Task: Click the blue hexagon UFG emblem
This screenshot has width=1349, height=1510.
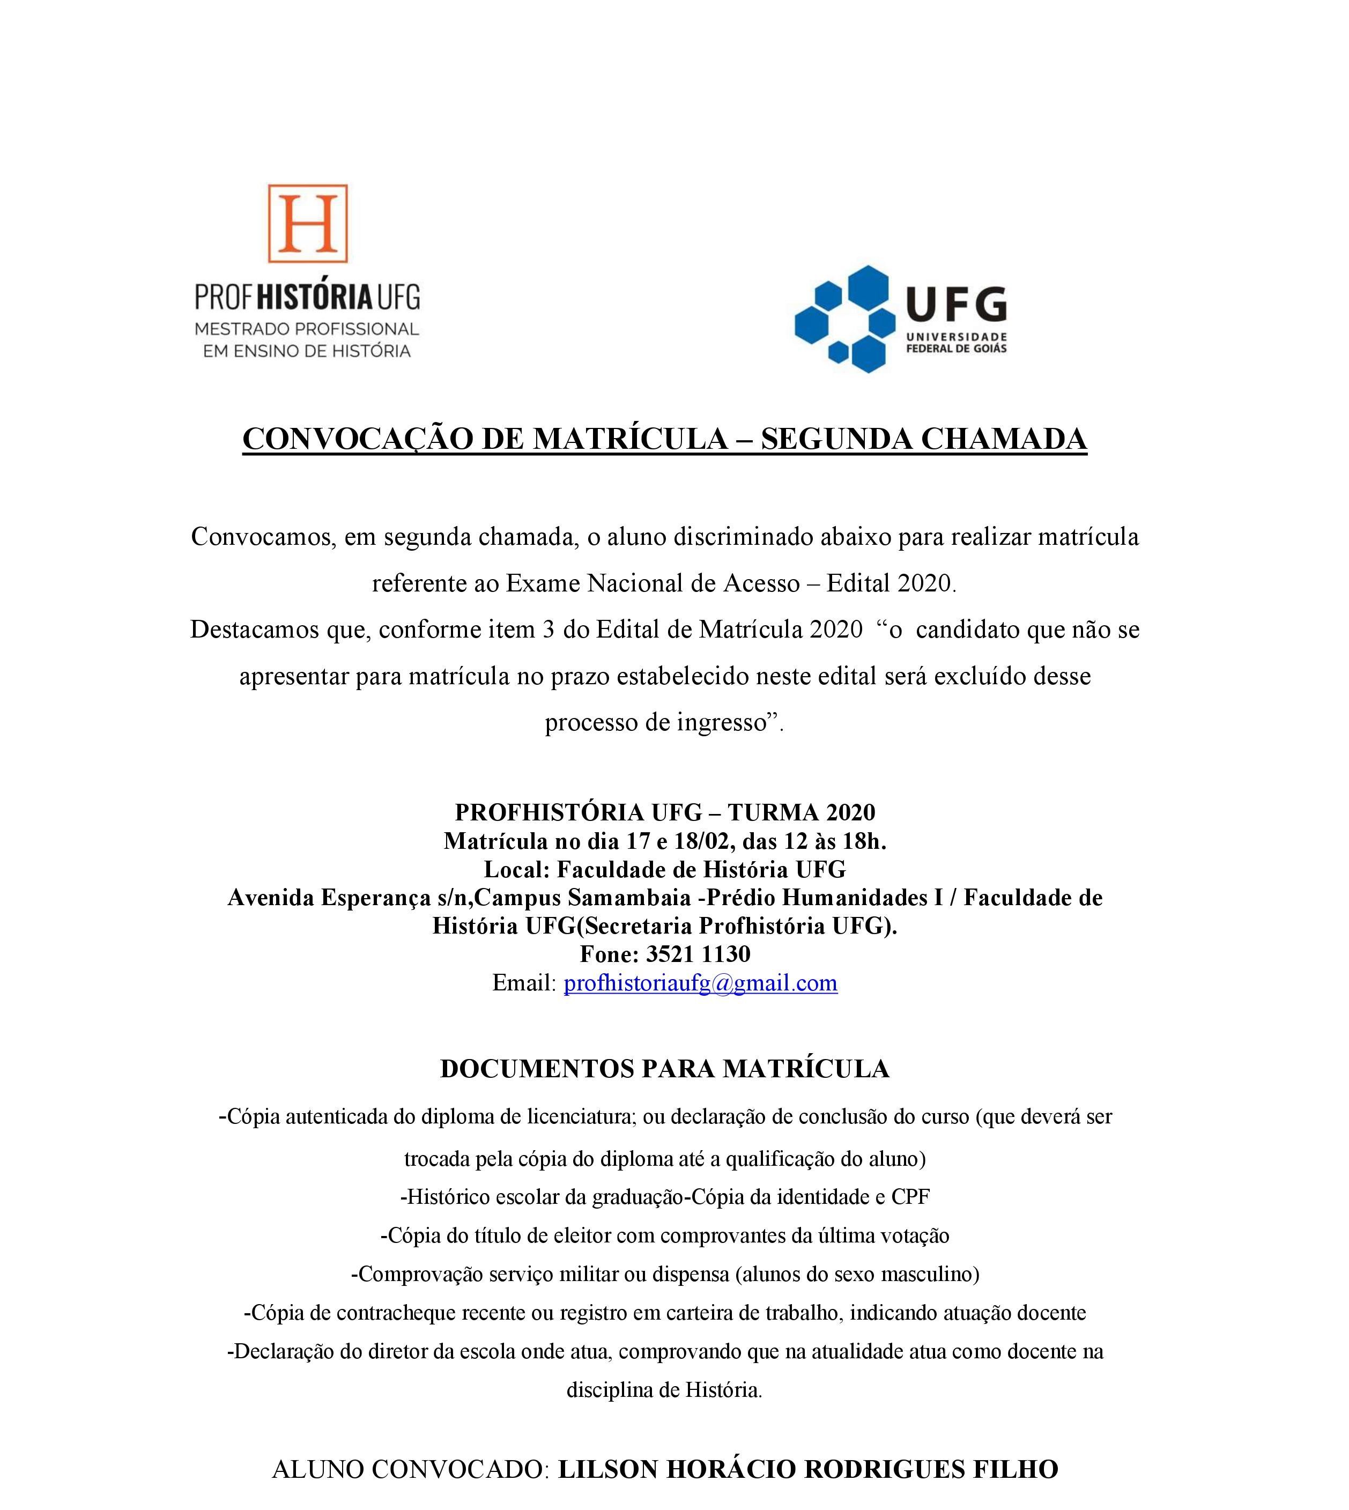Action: point(844,318)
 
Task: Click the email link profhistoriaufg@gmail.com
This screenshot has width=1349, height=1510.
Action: point(700,983)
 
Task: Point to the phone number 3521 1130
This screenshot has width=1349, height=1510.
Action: point(698,954)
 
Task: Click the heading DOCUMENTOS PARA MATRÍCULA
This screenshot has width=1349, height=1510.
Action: point(664,1068)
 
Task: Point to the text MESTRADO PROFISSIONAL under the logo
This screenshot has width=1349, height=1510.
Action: point(307,328)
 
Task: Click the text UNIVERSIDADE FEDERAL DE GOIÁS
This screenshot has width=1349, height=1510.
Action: point(956,343)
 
